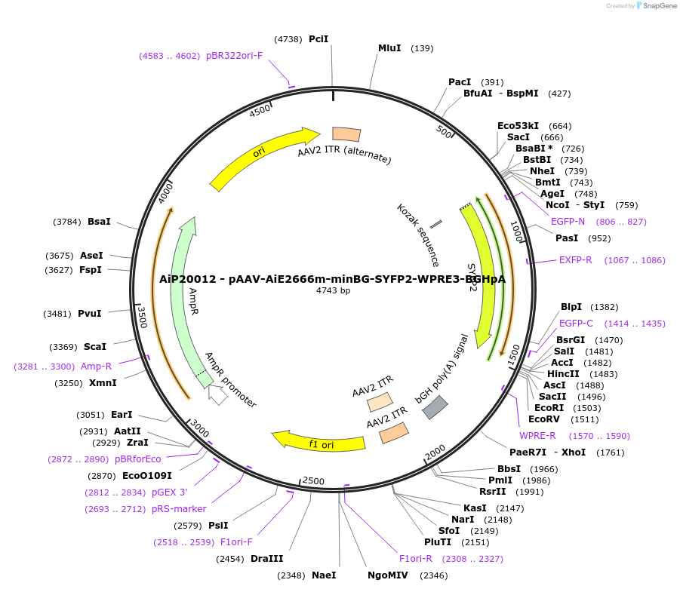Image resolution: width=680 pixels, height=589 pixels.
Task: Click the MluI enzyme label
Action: (x=389, y=48)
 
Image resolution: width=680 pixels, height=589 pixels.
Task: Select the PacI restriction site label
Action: (x=460, y=81)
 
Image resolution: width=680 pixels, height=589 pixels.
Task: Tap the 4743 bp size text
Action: (x=333, y=290)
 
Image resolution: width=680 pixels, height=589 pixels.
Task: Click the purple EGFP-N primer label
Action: (x=568, y=222)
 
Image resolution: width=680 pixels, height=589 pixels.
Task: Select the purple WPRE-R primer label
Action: (x=537, y=435)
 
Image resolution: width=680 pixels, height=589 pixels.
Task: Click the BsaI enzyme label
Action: (x=99, y=222)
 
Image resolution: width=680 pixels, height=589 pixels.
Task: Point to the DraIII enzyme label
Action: (x=266, y=559)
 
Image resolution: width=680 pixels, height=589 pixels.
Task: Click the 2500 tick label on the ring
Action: (x=313, y=481)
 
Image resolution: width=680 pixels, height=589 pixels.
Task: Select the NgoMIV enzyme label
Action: (x=388, y=575)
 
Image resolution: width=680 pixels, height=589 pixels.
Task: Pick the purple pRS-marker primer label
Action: (x=179, y=508)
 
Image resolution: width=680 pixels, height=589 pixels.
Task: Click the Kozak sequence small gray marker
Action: (x=435, y=225)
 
